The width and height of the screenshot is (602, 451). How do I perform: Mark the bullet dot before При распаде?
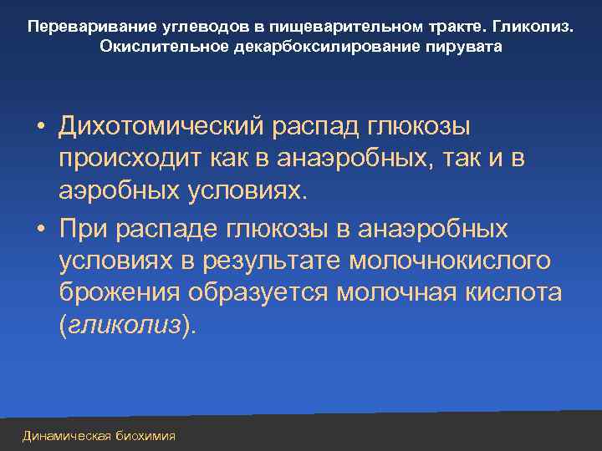click(40, 229)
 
